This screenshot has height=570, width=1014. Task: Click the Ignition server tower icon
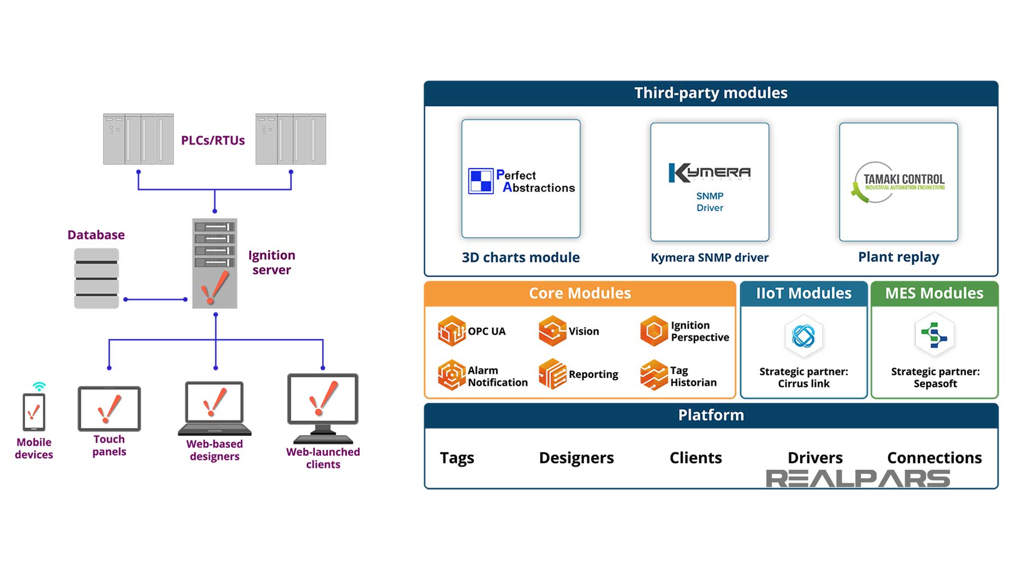(214, 263)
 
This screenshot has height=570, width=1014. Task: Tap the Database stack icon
(96, 278)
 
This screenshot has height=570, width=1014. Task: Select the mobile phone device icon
(34, 412)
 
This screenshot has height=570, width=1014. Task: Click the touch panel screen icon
(109, 408)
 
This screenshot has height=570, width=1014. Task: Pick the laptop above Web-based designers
(214, 408)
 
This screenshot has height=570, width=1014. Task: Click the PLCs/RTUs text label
(213, 140)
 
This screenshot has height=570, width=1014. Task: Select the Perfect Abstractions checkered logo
(481, 181)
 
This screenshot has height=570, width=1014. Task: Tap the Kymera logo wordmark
(709, 173)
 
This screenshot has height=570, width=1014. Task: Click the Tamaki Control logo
(898, 182)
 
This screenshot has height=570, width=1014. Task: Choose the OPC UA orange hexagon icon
(452, 331)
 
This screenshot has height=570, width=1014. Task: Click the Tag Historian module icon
(654, 375)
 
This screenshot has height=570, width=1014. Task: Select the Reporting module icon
(552, 374)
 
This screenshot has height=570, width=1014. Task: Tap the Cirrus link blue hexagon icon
(803, 336)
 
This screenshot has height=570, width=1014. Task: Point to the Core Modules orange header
(580, 293)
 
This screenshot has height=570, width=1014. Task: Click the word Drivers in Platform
(815, 458)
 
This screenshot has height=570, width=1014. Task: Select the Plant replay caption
(898, 257)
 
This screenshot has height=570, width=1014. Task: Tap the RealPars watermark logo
(858, 479)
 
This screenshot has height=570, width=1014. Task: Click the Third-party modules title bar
(711, 93)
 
